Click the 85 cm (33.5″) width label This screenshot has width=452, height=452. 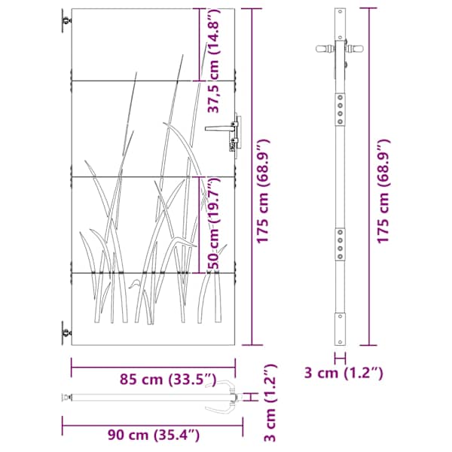pyautogui.click(x=168, y=380)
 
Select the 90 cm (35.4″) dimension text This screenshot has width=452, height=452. pyautogui.click(x=154, y=435)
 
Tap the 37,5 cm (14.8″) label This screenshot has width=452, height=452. pyautogui.click(x=214, y=61)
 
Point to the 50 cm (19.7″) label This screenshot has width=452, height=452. pyautogui.click(x=214, y=224)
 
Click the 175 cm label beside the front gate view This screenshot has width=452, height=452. pyautogui.click(x=263, y=191)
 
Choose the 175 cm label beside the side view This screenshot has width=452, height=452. pyautogui.click(x=383, y=191)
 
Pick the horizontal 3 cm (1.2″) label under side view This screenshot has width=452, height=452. pyautogui.click(x=344, y=373)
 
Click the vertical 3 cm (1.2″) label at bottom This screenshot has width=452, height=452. pyautogui.click(x=270, y=403)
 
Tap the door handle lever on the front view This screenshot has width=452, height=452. pyautogui.click(x=218, y=128)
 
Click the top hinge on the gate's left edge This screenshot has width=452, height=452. pyautogui.click(x=66, y=21)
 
